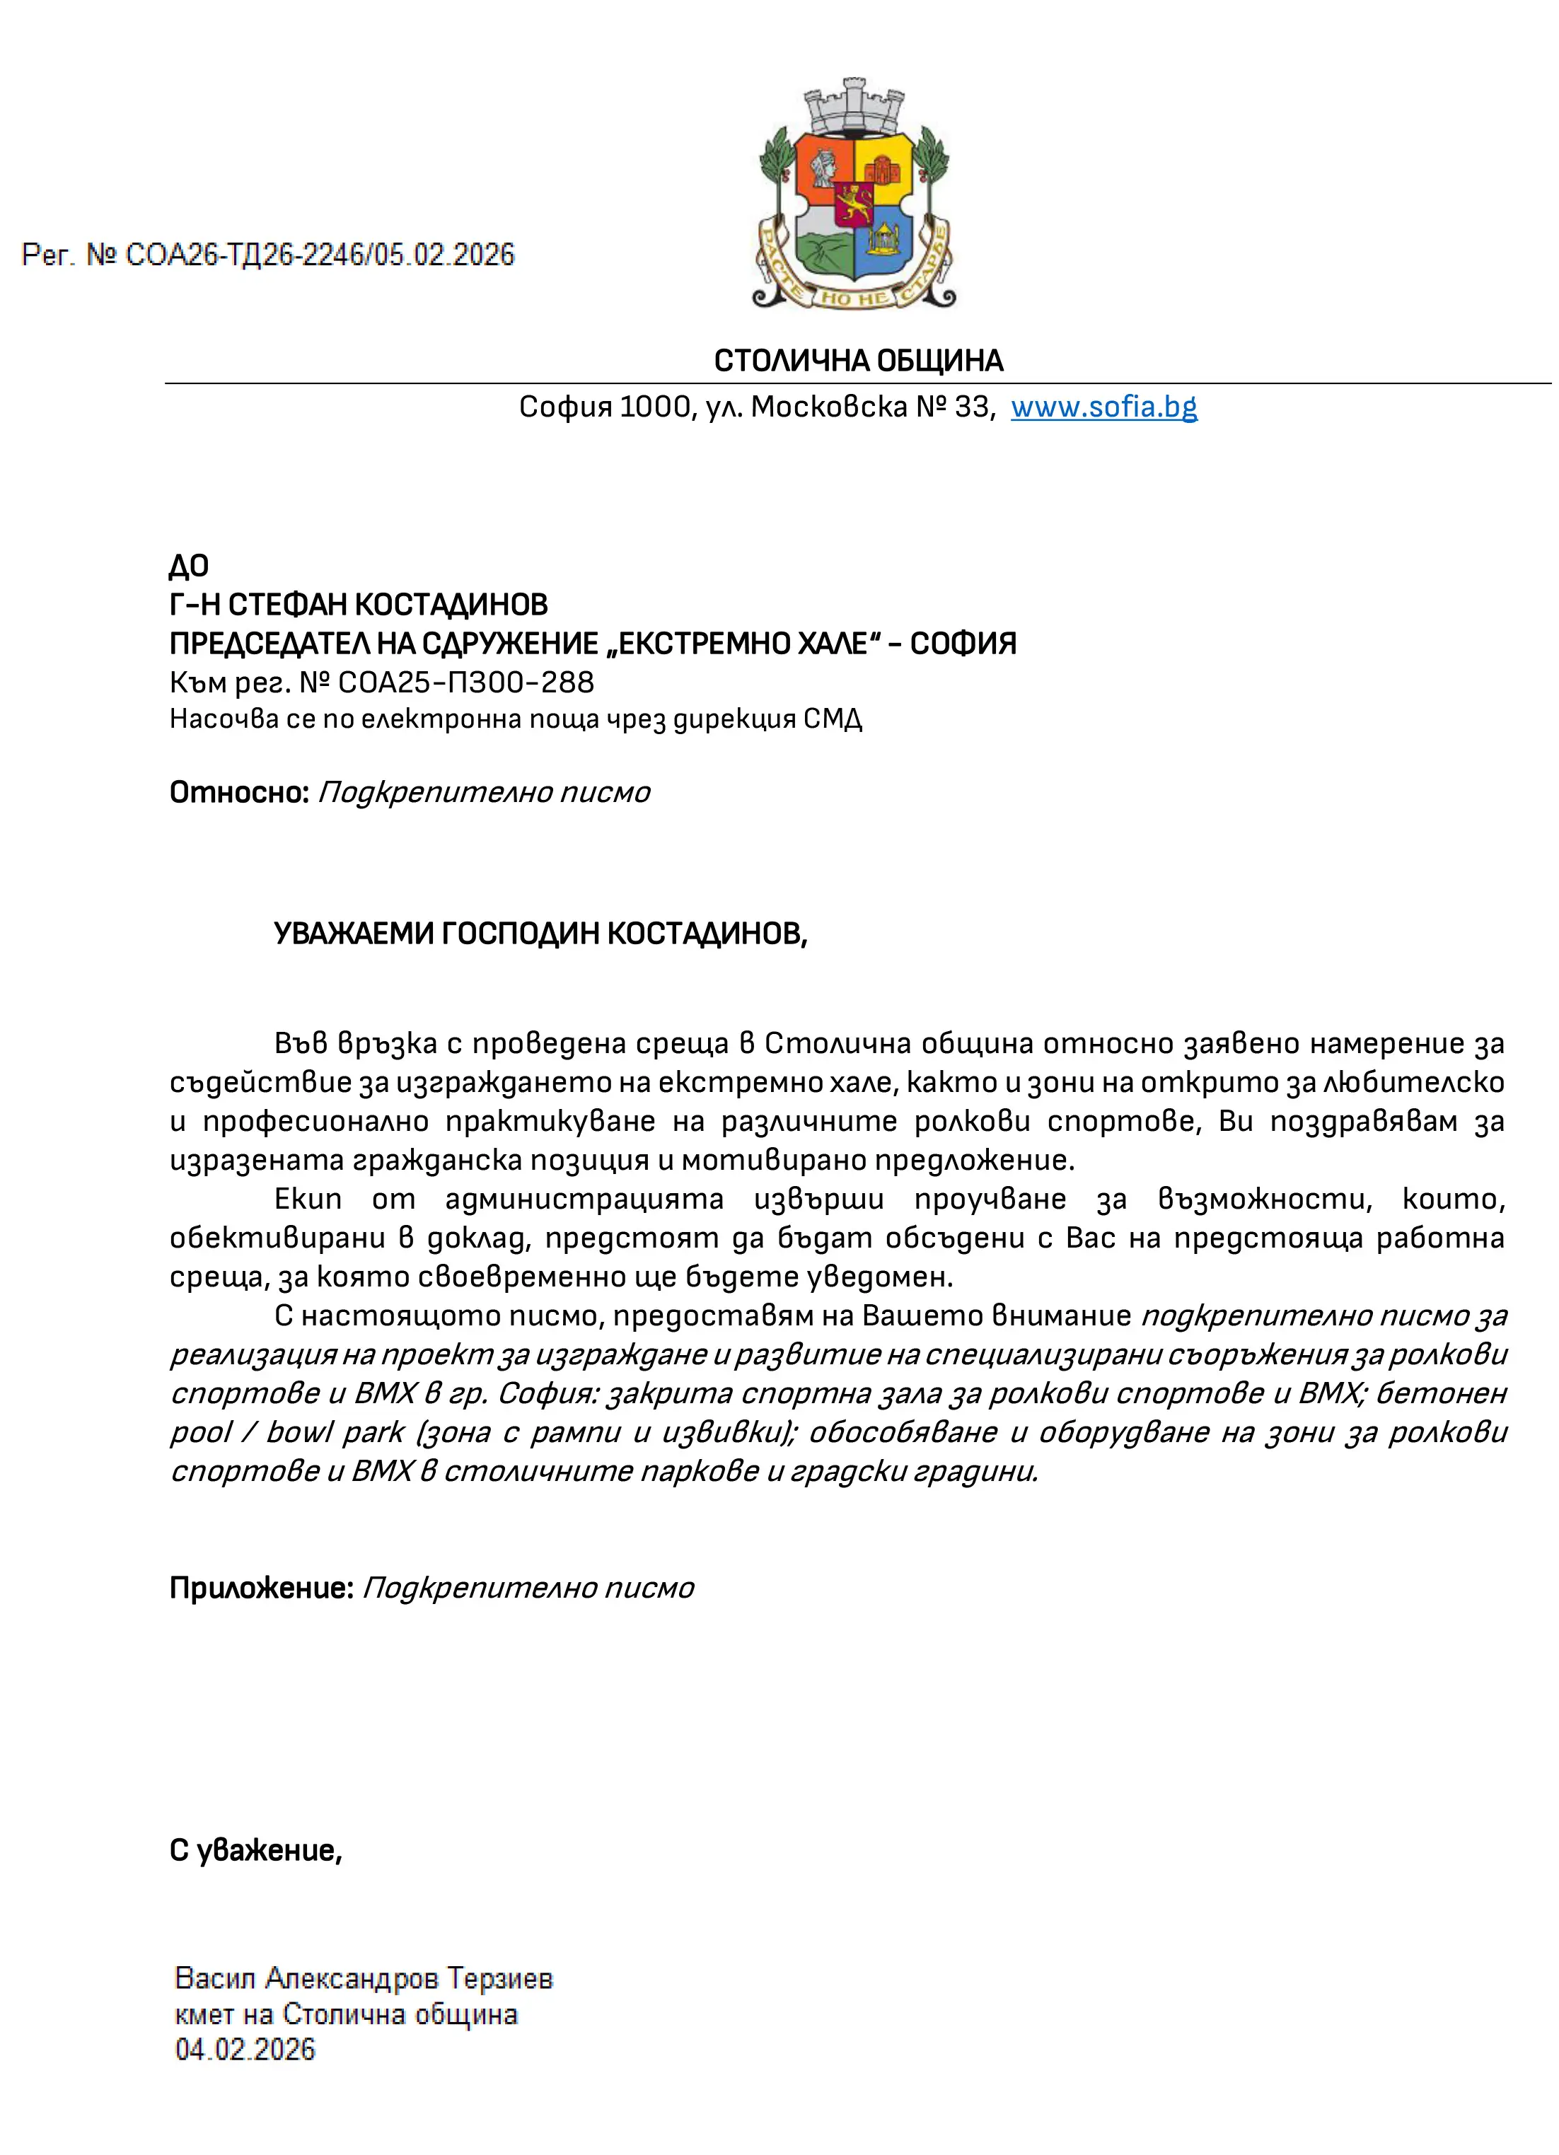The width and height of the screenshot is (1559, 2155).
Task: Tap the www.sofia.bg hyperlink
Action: click(x=1103, y=407)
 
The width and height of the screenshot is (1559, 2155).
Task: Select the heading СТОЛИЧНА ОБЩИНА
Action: click(x=858, y=361)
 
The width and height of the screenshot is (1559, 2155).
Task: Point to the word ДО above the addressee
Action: click(x=188, y=567)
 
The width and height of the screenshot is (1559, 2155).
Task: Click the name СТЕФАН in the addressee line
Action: click(x=288, y=605)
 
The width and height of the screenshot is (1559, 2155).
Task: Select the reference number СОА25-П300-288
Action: click(x=465, y=682)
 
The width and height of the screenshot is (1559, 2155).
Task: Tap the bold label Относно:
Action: click(x=239, y=791)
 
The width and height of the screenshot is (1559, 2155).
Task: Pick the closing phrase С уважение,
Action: click(x=255, y=1850)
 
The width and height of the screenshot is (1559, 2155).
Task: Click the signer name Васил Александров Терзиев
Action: click(x=364, y=1978)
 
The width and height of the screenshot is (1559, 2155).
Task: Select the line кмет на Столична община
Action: click(x=346, y=2014)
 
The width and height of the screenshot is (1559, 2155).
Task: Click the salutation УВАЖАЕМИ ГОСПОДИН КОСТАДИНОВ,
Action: click(x=540, y=934)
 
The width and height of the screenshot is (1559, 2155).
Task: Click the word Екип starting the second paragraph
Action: click(x=308, y=1199)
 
